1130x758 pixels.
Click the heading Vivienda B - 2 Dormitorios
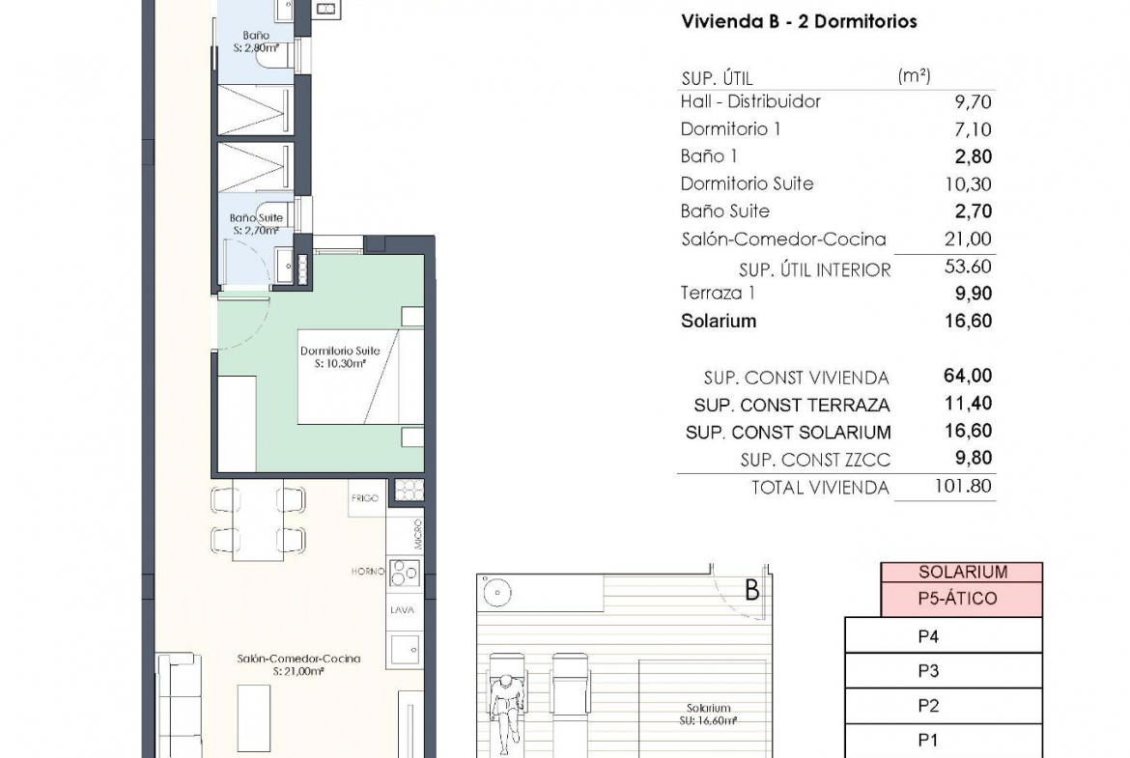[799, 21]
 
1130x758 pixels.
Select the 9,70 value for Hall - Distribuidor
[973, 102]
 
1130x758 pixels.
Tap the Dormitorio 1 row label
[730, 129]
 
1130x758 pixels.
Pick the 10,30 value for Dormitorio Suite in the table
[968, 184]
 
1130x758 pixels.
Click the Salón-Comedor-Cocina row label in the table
[783, 239]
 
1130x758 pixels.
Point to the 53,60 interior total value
[968, 267]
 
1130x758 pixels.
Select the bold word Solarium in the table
[719, 322]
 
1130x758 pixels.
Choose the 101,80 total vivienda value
[964, 487]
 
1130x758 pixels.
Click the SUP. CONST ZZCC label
[815, 460]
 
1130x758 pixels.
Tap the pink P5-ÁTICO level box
[961, 599]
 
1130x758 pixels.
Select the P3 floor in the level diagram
[944, 671]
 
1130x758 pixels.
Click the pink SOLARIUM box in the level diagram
[961, 572]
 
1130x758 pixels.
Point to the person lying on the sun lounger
[506, 703]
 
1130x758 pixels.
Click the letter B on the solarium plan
[751, 591]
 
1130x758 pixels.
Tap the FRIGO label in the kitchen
[365, 498]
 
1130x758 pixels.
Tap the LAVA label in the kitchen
[402, 610]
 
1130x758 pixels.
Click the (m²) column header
[914, 75]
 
